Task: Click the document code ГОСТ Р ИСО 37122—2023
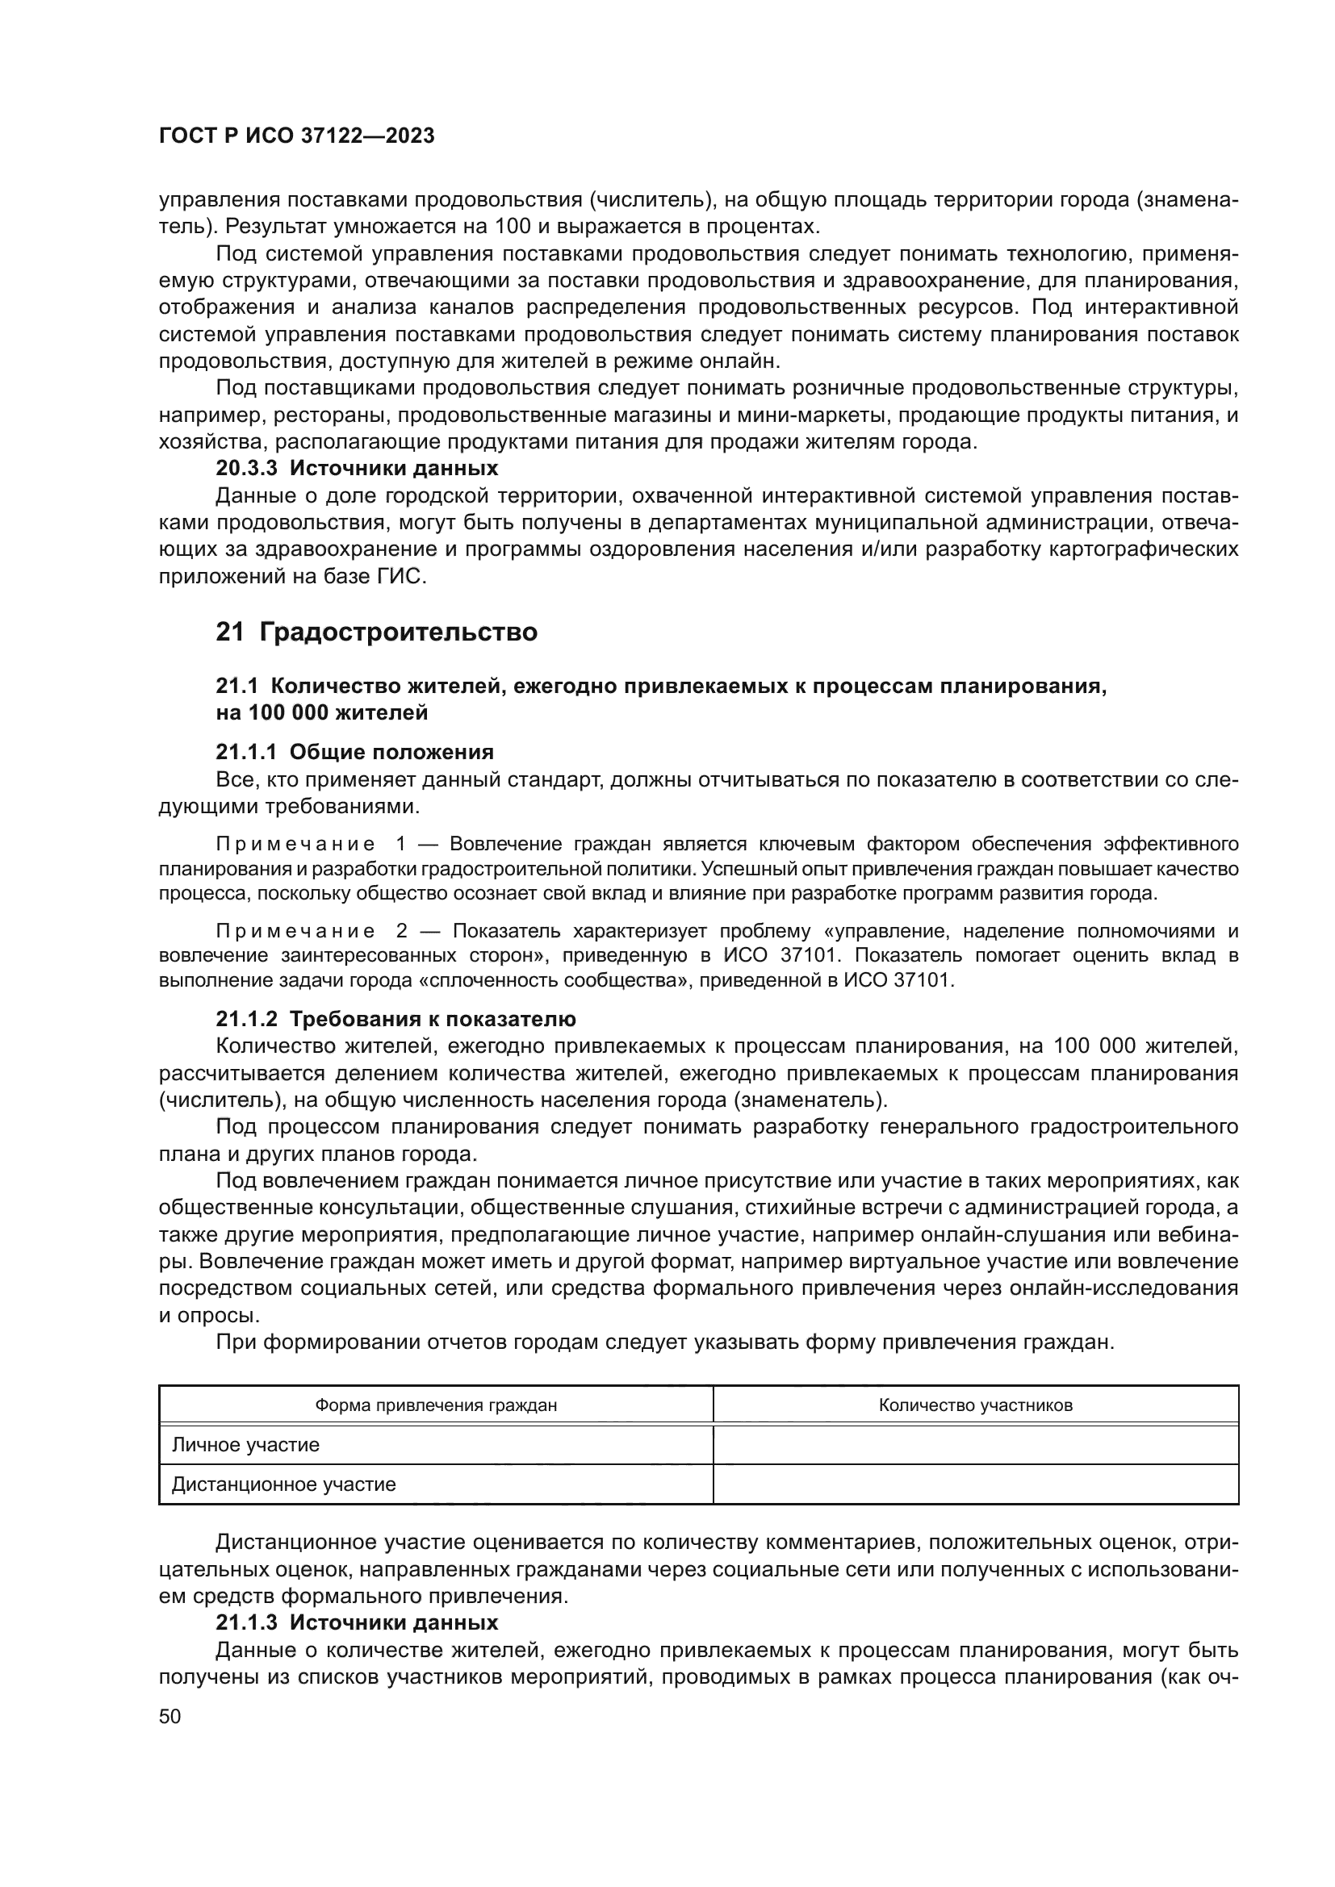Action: (x=296, y=136)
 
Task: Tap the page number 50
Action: (x=170, y=1716)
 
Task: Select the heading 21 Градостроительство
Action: (x=376, y=632)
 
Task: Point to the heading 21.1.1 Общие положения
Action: (x=354, y=752)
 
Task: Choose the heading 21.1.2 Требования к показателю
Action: (x=395, y=1019)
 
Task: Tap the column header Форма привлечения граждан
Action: (x=436, y=1405)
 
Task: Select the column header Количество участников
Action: (x=975, y=1405)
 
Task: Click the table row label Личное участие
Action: (x=246, y=1444)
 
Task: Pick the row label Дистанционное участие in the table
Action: (x=283, y=1484)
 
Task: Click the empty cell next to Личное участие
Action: (x=975, y=1444)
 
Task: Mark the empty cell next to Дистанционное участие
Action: (x=975, y=1484)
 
